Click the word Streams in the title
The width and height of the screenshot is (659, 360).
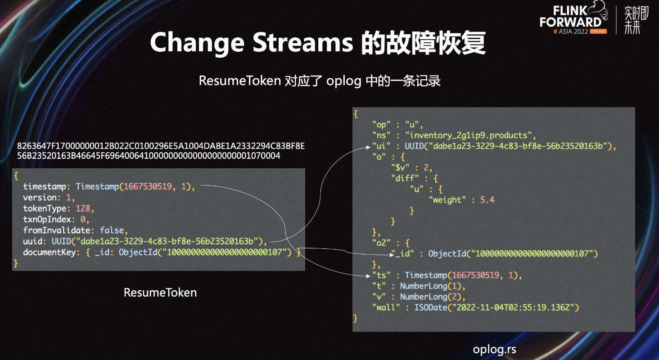point(303,42)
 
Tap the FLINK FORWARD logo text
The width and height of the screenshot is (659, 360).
point(570,17)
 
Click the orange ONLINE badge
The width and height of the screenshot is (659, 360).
point(598,31)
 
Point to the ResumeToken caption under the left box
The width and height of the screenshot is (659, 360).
point(160,292)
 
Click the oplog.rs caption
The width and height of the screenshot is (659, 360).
point(494,349)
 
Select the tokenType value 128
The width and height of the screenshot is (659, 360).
point(83,208)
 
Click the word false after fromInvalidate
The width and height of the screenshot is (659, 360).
point(112,230)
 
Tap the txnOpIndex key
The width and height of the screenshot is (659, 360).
point(47,219)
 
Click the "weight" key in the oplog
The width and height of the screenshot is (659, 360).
point(447,200)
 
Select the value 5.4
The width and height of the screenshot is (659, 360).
point(487,200)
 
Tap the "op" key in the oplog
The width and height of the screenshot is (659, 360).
point(381,124)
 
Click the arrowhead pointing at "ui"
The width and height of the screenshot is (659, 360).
point(368,147)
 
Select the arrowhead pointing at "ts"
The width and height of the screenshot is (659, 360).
point(368,276)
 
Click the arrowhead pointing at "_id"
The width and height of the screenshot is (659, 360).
point(392,255)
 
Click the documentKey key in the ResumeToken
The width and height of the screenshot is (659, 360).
point(50,252)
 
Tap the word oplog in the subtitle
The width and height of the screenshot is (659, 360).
point(343,81)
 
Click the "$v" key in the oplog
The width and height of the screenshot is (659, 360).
point(400,168)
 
